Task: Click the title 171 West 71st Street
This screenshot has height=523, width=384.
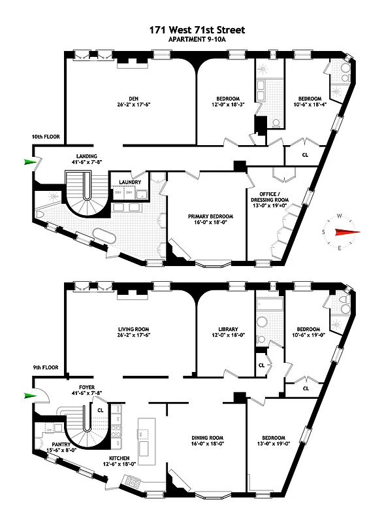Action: pyautogui.click(x=192, y=29)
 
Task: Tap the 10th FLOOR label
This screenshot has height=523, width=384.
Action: pyautogui.click(x=46, y=137)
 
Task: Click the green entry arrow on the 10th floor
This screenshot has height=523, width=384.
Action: pyautogui.click(x=29, y=162)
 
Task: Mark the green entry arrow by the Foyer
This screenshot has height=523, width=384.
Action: pyautogui.click(x=29, y=395)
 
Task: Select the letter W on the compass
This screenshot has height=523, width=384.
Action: pyautogui.click(x=340, y=216)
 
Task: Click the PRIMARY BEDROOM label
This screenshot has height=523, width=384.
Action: pyautogui.click(x=206, y=216)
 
